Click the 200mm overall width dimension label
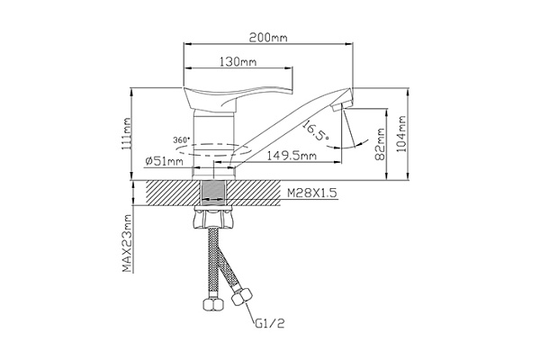pyautogui.click(x=268, y=37)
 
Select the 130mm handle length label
pyautogui.click(x=238, y=62)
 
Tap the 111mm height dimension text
pyautogui.click(x=126, y=135)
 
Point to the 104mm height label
pyautogui.click(x=401, y=134)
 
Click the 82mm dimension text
pyautogui.click(x=380, y=144)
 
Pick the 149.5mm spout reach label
pyautogui.click(x=292, y=156)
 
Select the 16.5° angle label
pyautogui.click(x=316, y=130)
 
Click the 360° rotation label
pyautogui.click(x=182, y=139)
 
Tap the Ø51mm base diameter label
pyautogui.click(x=165, y=161)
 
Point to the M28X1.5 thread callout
pyautogui.click(x=312, y=193)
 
